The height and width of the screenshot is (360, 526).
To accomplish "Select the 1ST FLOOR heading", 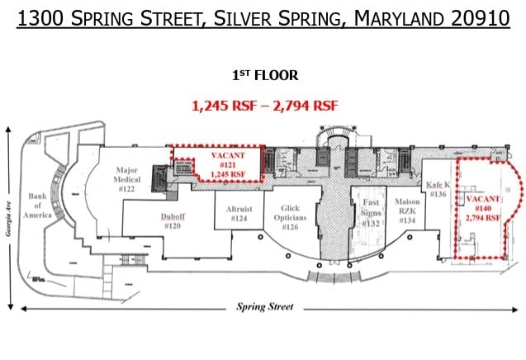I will pos(264,75).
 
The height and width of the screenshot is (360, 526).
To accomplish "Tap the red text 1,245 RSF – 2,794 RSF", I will pos(263,106).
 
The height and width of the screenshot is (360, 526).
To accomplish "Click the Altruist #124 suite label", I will pos(239,214).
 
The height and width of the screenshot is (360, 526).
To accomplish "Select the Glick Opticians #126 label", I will pos(291,217).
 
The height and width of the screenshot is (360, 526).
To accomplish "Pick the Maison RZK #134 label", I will pos(407,212).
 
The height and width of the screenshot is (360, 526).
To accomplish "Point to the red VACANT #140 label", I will pos(483,209).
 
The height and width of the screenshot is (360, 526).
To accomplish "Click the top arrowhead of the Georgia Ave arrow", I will pos(8,130).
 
